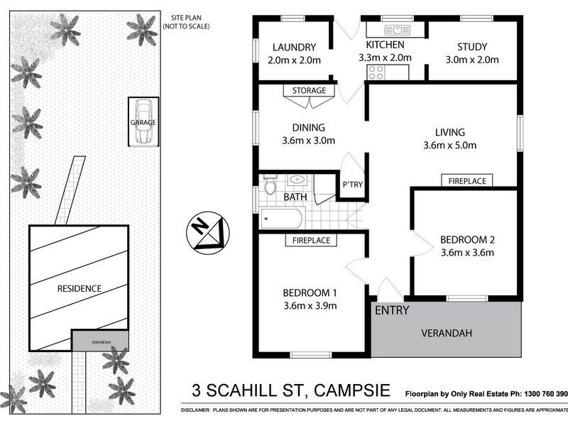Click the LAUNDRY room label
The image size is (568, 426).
294,48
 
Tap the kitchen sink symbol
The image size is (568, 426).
395,30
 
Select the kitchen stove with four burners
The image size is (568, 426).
376,72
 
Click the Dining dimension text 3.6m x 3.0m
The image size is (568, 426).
308,140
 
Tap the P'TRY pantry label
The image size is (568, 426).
353,185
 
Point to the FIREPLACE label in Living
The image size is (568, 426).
467,181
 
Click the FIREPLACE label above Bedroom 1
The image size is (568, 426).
311,241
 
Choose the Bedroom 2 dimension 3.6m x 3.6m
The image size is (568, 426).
467,251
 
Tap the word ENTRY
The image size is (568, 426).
391,310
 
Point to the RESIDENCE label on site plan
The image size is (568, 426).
80,288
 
